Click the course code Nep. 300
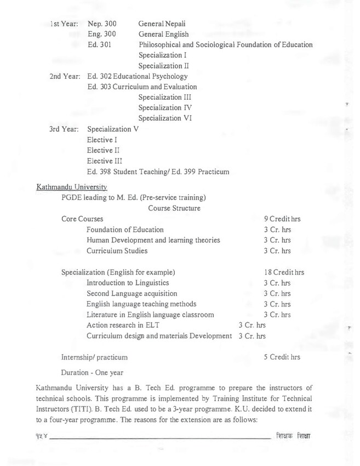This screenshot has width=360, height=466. (x=102, y=24)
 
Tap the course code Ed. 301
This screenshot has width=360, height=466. (x=100, y=44)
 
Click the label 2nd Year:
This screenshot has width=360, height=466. (x=65, y=76)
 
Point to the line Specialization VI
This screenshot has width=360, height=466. (x=165, y=118)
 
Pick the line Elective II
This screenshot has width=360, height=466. (x=103, y=150)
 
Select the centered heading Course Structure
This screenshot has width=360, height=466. (x=174, y=208)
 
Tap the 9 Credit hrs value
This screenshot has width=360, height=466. (x=282, y=219)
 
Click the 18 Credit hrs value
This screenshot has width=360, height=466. (x=283, y=272)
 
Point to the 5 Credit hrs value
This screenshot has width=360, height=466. (x=282, y=357)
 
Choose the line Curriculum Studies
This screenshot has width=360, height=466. (x=117, y=251)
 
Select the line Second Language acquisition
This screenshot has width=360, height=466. (x=132, y=293)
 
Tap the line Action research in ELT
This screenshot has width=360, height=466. (x=123, y=325)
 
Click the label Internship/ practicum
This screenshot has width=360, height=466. (x=95, y=357)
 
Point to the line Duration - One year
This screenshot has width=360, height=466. (x=92, y=372)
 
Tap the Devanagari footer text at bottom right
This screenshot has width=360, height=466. (x=298, y=436)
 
